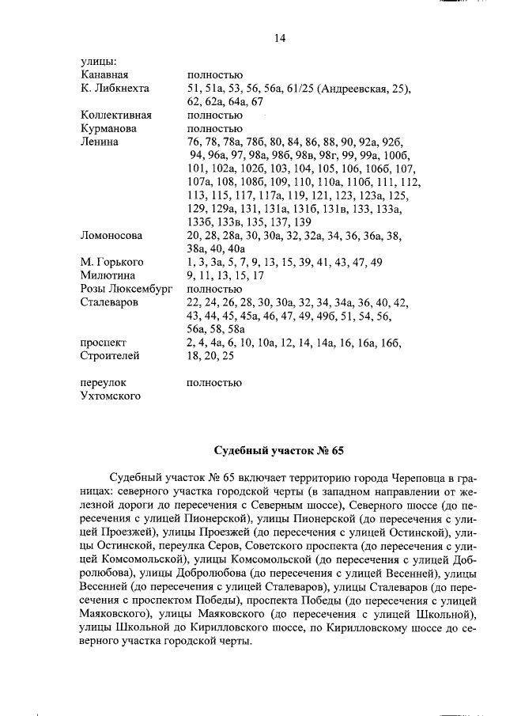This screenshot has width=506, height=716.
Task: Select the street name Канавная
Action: coord(104,74)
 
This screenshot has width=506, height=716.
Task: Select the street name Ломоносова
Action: coord(111,235)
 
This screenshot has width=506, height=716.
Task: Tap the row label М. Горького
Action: coord(109,262)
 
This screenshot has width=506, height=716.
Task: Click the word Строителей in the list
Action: coord(110,356)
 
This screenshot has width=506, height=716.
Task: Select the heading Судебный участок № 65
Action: coord(279,451)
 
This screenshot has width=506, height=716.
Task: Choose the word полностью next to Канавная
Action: coord(214,74)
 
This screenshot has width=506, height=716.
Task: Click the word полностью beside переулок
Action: coord(214,382)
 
